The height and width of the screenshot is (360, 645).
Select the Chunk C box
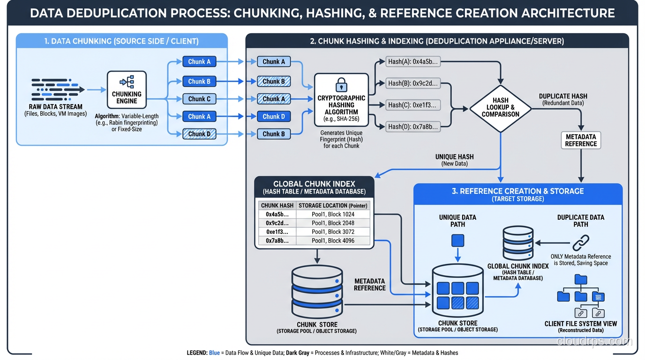(199, 99)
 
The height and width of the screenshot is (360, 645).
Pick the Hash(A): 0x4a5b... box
(413, 61)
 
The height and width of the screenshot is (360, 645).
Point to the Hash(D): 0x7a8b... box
(413, 126)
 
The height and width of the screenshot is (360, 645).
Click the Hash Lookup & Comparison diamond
(501, 108)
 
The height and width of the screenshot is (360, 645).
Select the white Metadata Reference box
(581, 140)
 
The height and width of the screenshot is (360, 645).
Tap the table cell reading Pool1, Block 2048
(333, 223)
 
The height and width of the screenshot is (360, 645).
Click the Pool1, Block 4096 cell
(333, 240)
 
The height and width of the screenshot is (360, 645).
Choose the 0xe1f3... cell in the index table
(277, 232)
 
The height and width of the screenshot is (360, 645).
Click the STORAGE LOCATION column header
(333, 205)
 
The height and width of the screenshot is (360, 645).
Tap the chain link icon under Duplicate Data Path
(581, 242)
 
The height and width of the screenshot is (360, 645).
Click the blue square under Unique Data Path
(457, 241)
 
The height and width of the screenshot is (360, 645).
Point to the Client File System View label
(581, 324)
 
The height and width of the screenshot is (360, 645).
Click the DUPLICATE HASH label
(563, 96)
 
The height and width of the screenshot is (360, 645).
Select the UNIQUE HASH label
(454, 157)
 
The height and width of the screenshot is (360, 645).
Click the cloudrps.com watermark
(594, 341)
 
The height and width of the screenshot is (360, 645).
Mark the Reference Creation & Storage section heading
(517, 191)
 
